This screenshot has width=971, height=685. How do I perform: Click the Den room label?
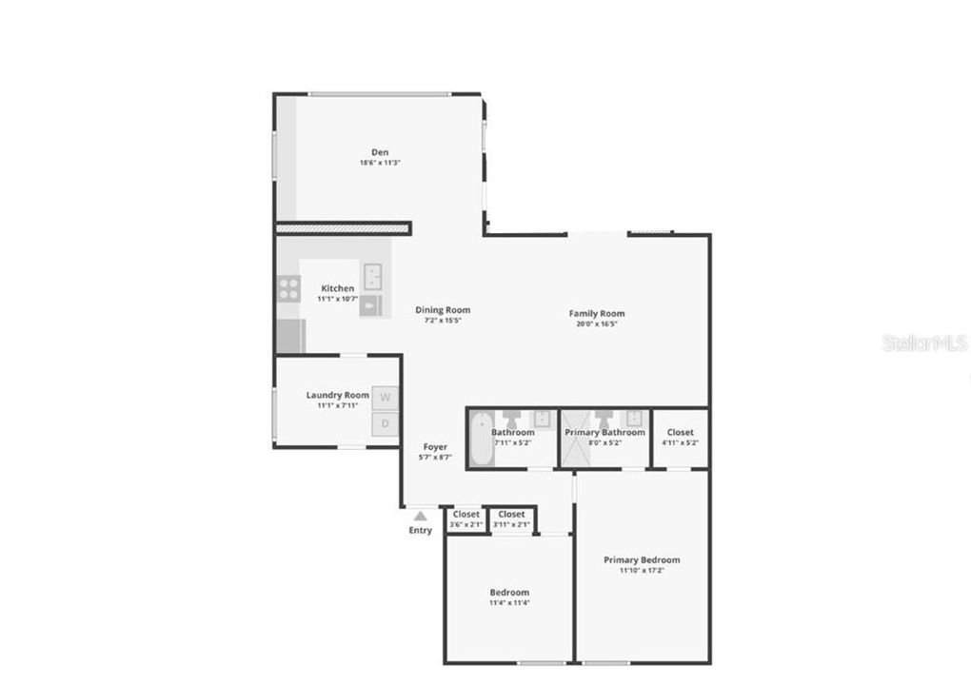(x=380, y=152)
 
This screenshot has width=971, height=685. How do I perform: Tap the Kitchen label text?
(x=337, y=288)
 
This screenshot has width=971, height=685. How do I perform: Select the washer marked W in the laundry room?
(x=386, y=398)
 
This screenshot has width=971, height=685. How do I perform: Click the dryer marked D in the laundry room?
(x=386, y=424)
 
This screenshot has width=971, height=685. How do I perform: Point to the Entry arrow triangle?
(x=420, y=516)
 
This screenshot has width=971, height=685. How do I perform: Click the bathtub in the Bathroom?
(x=482, y=438)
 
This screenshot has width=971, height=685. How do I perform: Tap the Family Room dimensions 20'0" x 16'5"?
(x=597, y=323)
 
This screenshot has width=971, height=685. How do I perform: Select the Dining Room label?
(x=443, y=310)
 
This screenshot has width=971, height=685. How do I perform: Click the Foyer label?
(x=435, y=446)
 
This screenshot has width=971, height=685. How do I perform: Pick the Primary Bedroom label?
(x=642, y=560)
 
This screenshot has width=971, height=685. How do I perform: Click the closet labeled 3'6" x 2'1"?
(x=466, y=519)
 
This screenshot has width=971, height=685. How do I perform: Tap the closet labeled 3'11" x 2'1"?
(x=511, y=519)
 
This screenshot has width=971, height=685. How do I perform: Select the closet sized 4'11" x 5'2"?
(x=681, y=438)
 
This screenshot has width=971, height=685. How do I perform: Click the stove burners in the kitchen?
(x=288, y=288)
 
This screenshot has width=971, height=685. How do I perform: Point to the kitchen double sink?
(x=373, y=276)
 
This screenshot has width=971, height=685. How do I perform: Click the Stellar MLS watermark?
(x=924, y=342)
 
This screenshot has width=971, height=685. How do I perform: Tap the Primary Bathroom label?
(x=604, y=432)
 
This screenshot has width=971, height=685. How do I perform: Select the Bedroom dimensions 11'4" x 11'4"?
(x=508, y=602)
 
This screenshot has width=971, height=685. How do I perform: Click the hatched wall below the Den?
(x=343, y=228)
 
